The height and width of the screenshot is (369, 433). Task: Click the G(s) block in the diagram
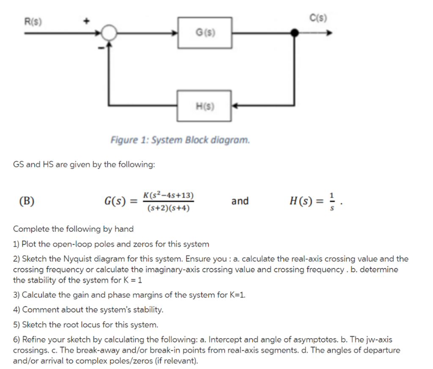click(x=205, y=33)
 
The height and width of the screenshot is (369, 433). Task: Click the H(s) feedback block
click(x=205, y=105)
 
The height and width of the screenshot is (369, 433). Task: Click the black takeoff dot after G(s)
click(x=295, y=33)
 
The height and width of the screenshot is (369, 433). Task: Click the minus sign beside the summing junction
click(x=101, y=50)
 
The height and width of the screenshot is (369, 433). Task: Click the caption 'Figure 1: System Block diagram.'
click(x=180, y=139)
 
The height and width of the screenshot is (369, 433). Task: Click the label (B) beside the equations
click(x=27, y=201)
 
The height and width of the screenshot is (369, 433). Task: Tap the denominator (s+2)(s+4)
click(x=168, y=208)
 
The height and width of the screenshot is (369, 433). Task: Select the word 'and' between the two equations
click(x=240, y=201)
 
